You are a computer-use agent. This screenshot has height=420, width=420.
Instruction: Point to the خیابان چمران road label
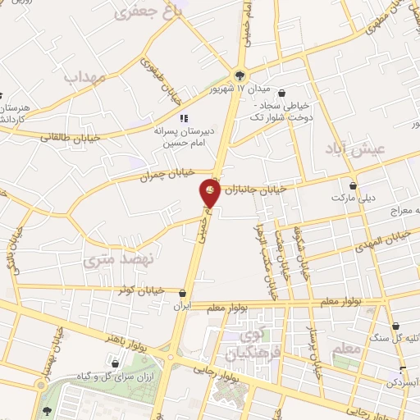[x=169, y=174]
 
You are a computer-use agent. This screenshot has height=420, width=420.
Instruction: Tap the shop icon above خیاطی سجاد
[x=283, y=93]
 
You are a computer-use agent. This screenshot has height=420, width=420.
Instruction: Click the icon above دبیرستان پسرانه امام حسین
[x=185, y=117]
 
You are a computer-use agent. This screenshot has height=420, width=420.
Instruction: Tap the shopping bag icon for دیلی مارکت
[x=354, y=186]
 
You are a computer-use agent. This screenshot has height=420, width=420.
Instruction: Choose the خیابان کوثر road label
[x=148, y=290]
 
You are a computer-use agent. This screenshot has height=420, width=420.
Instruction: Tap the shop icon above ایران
[x=182, y=293]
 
